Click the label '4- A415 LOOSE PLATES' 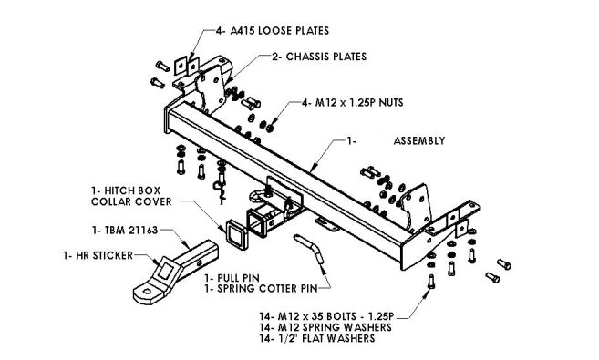click(x=273, y=31)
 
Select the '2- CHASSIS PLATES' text click(x=319, y=57)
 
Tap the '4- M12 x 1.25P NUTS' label click(x=353, y=103)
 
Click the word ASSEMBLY click(x=419, y=141)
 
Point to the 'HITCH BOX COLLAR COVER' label click(x=131, y=196)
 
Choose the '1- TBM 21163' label click(x=125, y=231)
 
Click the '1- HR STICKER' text click(x=98, y=255)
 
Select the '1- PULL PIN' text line click(x=232, y=278)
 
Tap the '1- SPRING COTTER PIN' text click(x=261, y=289)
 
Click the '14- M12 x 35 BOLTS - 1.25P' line click(x=326, y=316)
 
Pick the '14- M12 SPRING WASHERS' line click(x=325, y=327)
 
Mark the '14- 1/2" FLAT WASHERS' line click(x=317, y=338)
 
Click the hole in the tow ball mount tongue click(x=147, y=292)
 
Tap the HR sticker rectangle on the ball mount click(x=166, y=271)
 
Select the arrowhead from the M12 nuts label click(x=274, y=121)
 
